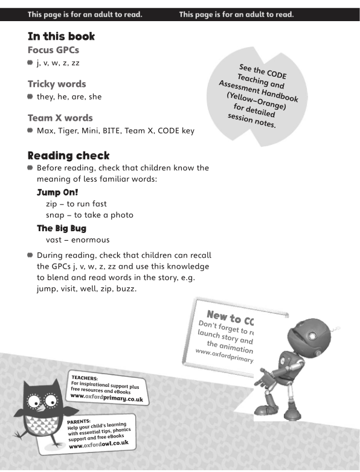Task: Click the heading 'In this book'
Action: [x=61, y=36]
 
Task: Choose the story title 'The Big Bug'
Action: [x=62, y=228]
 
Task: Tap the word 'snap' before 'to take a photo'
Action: [x=56, y=215]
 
